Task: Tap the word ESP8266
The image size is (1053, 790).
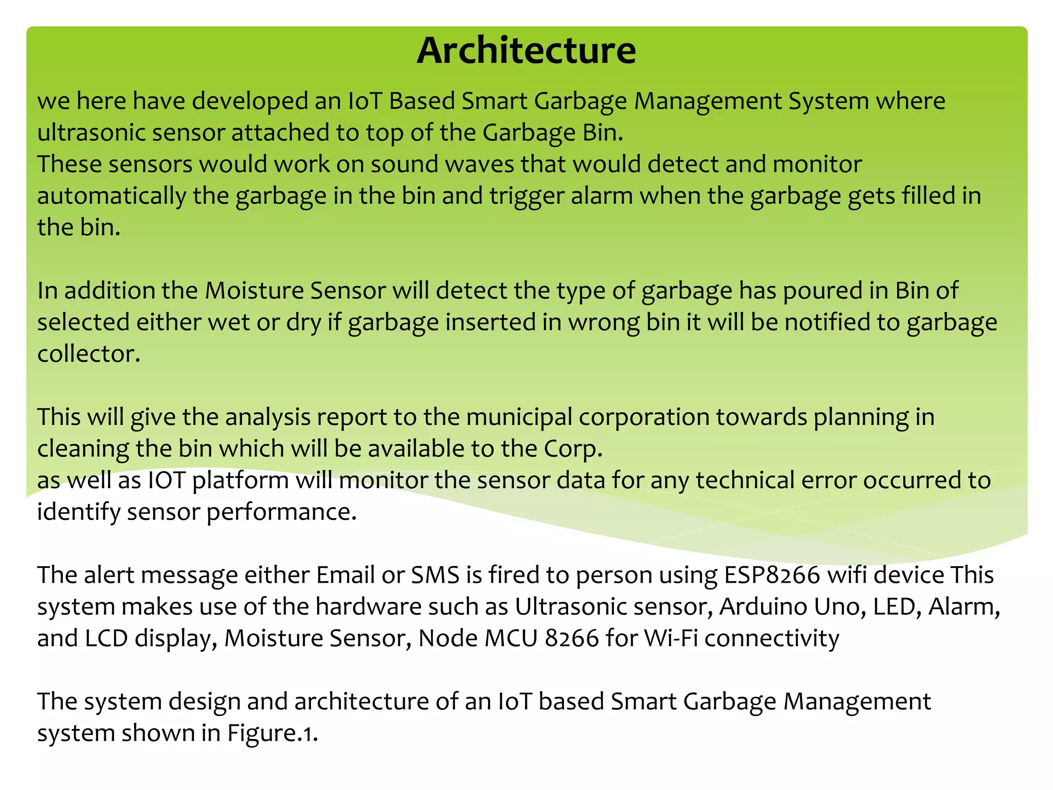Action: point(772,574)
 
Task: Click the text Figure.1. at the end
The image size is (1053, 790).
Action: point(273,733)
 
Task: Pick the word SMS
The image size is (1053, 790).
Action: point(435,574)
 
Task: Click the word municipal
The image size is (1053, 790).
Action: point(519,417)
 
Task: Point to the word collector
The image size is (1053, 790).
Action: point(88,354)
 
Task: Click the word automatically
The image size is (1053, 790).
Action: point(111,196)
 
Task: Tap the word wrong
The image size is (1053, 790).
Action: point(604,322)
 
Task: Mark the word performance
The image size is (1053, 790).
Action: point(281,512)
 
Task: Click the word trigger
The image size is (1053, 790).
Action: point(526,196)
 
